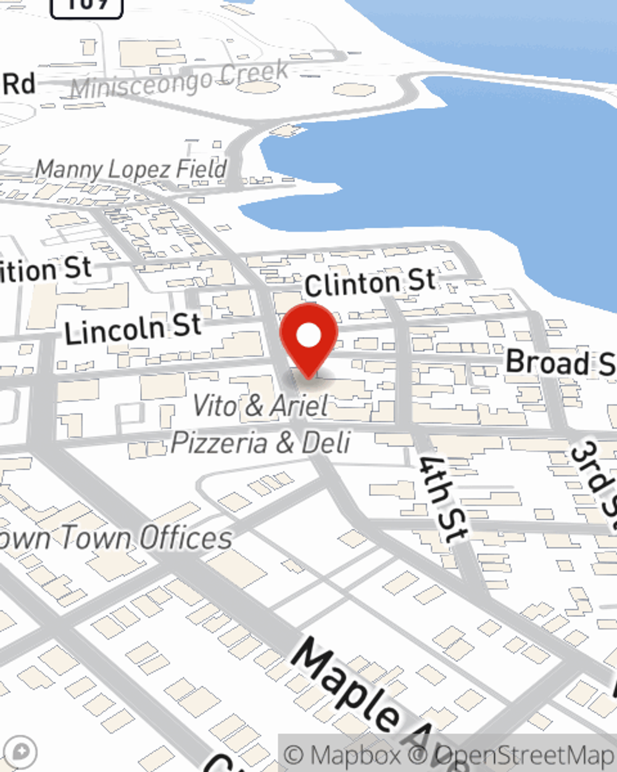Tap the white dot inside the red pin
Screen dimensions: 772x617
click(x=308, y=336)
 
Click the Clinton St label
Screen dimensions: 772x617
click(x=370, y=283)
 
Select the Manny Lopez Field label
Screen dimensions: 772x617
click(x=131, y=169)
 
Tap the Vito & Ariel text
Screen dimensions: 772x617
click(x=260, y=406)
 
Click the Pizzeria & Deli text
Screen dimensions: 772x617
click(x=260, y=442)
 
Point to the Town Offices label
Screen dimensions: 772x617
click(x=117, y=537)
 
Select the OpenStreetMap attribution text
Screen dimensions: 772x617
click(x=524, y=755)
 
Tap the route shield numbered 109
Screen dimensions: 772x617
click(x=86, y=5)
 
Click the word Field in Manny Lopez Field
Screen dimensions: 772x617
click(x=201, y=169)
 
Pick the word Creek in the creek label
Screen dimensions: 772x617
click(x=254, y=73)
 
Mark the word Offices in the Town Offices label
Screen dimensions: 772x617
click(x=185, y=537)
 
